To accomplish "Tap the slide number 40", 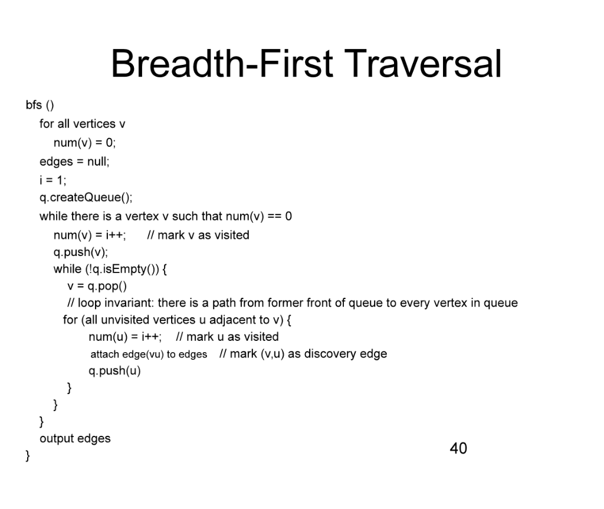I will click(x=458, y=448).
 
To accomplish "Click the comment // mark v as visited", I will click(x=198, y=235).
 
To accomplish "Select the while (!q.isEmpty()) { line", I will click(x=111, y=270).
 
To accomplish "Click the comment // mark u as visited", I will click(x=228, y=337).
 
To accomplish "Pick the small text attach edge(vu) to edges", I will click(x=149, y=354).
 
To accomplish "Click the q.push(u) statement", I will click(x=115, y=371).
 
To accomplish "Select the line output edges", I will click(x=75, y=438).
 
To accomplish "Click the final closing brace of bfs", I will click(x=27, y=456).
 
